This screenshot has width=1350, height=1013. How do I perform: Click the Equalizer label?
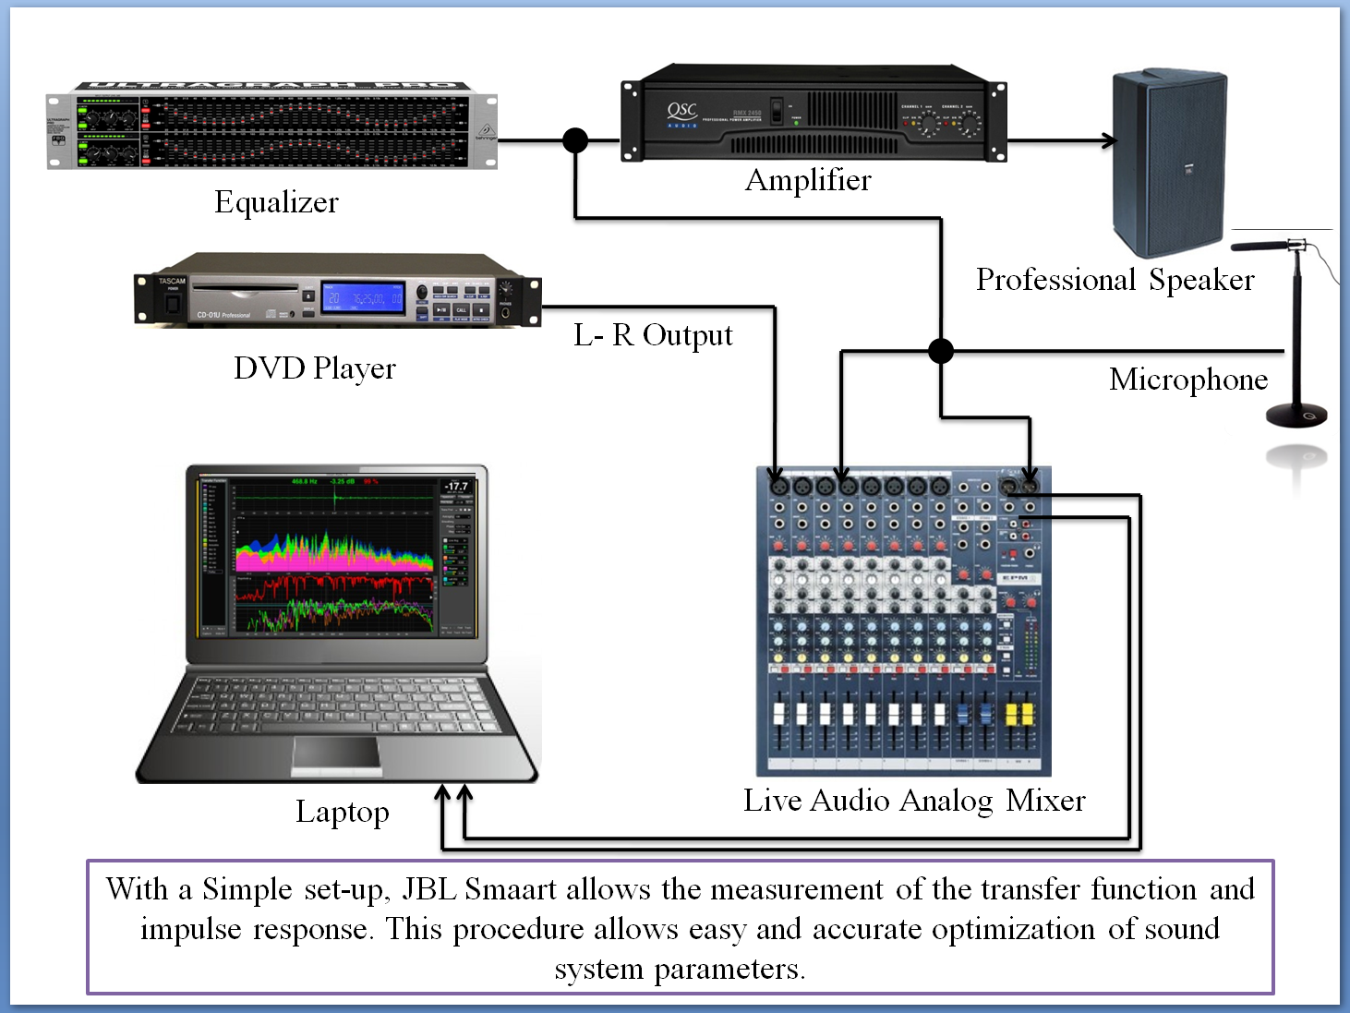276,202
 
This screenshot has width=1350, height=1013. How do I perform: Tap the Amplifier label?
808,180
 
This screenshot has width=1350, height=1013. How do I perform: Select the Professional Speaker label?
1115,280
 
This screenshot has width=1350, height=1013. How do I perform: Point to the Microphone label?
1188,380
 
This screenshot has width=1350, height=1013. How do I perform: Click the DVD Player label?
315,368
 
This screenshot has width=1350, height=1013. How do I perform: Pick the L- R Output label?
653,335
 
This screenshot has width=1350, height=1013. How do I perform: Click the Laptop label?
343,812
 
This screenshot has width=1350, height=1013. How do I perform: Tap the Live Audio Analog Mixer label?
914,801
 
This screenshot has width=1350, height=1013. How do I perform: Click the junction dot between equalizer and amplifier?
575,140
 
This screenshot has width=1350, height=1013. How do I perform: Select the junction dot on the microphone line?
941,351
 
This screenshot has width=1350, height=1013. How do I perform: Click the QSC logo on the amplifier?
682,112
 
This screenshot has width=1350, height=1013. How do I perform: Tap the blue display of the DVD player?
363,298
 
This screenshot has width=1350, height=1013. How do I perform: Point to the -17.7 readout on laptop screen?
456,486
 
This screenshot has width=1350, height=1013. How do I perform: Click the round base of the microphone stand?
1296,416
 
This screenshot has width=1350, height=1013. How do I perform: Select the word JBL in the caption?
429,889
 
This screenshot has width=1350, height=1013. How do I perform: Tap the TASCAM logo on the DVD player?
172,281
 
